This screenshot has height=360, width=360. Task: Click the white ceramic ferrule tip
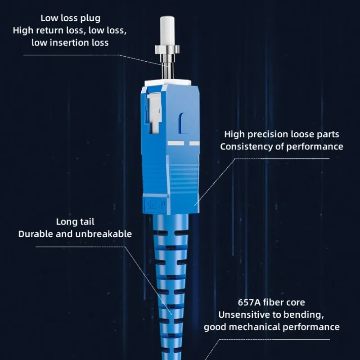(167, 31)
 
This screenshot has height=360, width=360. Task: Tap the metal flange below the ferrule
(167, 49)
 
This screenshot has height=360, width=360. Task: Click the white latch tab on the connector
(154, 113)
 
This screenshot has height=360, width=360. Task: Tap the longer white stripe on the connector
(176, 144)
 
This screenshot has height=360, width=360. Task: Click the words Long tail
(75, 222)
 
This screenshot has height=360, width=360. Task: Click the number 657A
(249, 302)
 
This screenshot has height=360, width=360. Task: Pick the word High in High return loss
(22, 31)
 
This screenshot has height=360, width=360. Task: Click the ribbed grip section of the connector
(183, 178)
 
